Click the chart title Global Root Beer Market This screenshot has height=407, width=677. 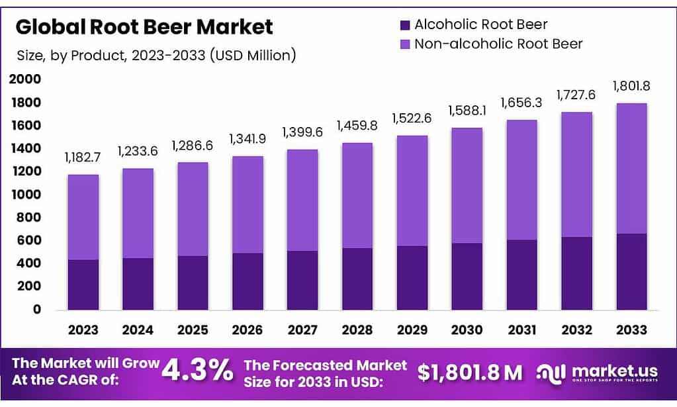144,27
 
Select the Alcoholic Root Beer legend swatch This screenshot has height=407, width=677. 405,25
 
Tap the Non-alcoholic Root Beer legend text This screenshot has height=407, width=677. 498,44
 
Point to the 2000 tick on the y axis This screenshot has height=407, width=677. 25,80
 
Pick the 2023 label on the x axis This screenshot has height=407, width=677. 83,330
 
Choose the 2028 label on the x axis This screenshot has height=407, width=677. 356,330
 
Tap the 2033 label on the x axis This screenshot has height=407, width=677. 631,330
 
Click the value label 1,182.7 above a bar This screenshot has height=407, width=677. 83,158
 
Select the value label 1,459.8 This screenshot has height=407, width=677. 356,125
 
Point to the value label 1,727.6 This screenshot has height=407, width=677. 576,95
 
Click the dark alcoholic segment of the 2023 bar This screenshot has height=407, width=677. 83,285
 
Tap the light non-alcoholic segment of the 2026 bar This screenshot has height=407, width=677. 247,205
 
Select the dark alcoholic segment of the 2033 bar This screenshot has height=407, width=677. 631,271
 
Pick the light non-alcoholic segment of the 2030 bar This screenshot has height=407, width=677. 466,185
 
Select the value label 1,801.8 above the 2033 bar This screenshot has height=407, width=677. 631,85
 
